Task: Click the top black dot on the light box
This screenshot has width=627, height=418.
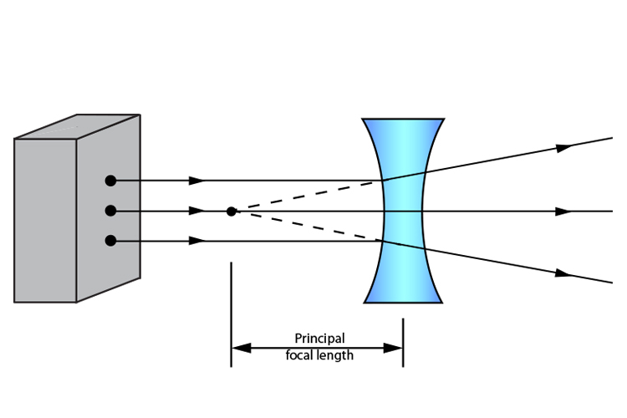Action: pyautogui.click(x=110, y=181)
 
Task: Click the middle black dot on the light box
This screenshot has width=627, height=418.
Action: pyautogui.click(x=110, y=211)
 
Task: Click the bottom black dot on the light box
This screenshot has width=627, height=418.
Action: pyautogui.click(x=110, y=242)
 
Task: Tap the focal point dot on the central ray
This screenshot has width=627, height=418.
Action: pyautogui.click(x=232, y=212)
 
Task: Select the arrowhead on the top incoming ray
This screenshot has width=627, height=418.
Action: pyautogui.click(x=196, y=181)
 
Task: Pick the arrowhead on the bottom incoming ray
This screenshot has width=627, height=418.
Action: pyautogui.click(x=196, y=242)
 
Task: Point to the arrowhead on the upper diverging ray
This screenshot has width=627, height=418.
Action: pyautogui.click(x=564, y=147)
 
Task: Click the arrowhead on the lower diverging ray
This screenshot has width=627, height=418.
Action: pyautogui.click(x=564, y=273)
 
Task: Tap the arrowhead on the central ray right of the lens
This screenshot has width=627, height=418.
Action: pyautogui.click(x=564, y=212)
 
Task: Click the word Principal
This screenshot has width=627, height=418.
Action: pyautogui.click(x=319, y=339)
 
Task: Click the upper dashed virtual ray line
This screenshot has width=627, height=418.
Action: pyautogui.click(x=309, y=196)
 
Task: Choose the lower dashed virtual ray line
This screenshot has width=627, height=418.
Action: pyautogui.click(x=309, y=227)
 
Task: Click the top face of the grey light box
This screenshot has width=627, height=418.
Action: pyautogui.click(x=77, y=127)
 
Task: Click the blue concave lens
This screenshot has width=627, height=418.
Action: pyautogui.click(x=403, y=212)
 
